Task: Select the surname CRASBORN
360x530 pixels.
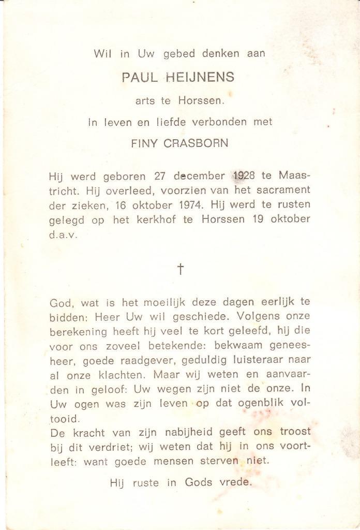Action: click(196, 143)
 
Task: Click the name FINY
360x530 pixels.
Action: click(145, 143)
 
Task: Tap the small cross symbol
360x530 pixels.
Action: click(181, 269)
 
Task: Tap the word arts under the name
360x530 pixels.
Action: click(145, 101)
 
